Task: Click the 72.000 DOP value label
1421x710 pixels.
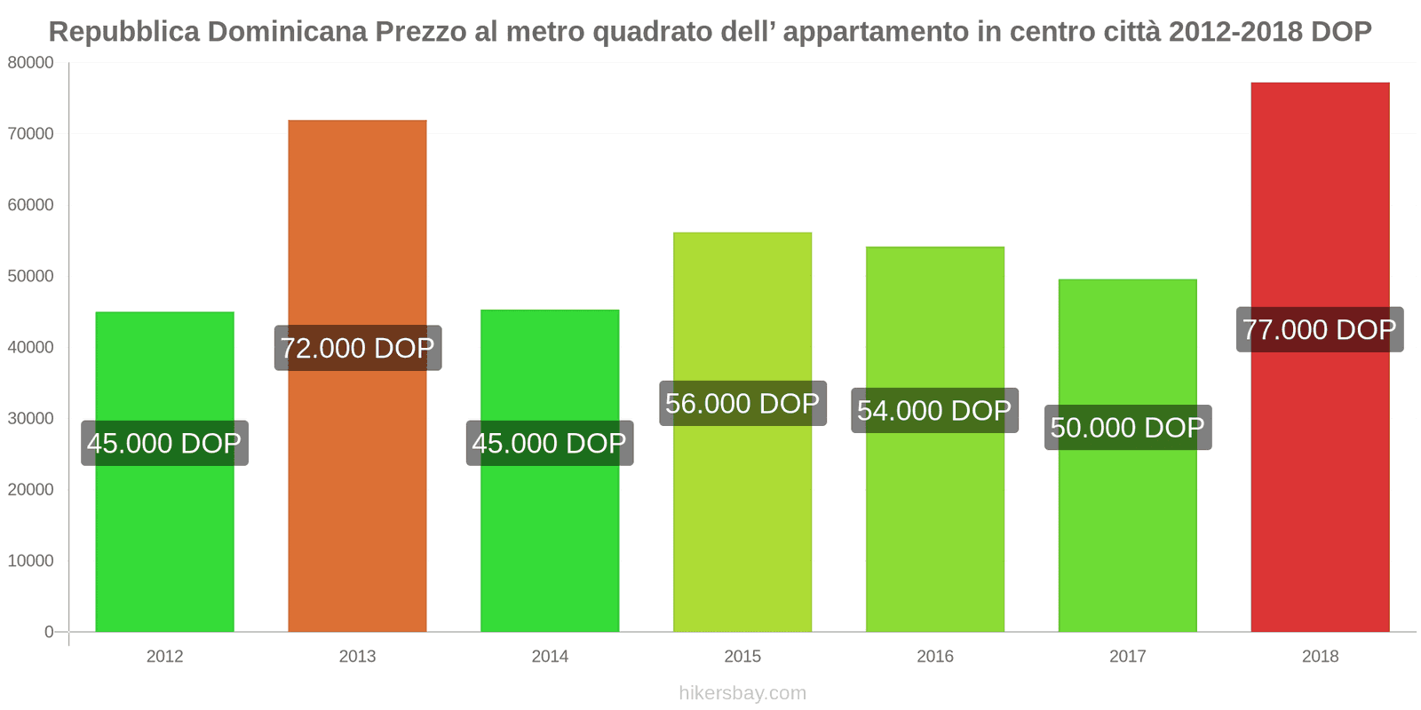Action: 357,348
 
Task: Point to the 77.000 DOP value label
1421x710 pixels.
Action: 1320,330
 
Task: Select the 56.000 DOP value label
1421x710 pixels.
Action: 742,404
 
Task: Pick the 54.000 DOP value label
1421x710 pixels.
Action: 934,411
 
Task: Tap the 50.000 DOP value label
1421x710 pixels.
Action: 1127,428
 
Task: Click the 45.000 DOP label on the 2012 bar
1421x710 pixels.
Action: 164,443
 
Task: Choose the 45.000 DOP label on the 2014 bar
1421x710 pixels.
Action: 550,443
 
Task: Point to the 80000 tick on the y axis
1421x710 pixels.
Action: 31,63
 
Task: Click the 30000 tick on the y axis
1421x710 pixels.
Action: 31,418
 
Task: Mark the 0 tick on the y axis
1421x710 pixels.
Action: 49,632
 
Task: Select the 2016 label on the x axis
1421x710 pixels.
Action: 934,657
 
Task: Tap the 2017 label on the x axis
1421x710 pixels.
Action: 1127,657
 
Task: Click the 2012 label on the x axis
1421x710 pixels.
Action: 164,657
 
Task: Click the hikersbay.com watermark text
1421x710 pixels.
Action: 742,693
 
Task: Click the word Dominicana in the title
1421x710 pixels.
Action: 288,32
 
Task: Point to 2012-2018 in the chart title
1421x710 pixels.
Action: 1235,32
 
